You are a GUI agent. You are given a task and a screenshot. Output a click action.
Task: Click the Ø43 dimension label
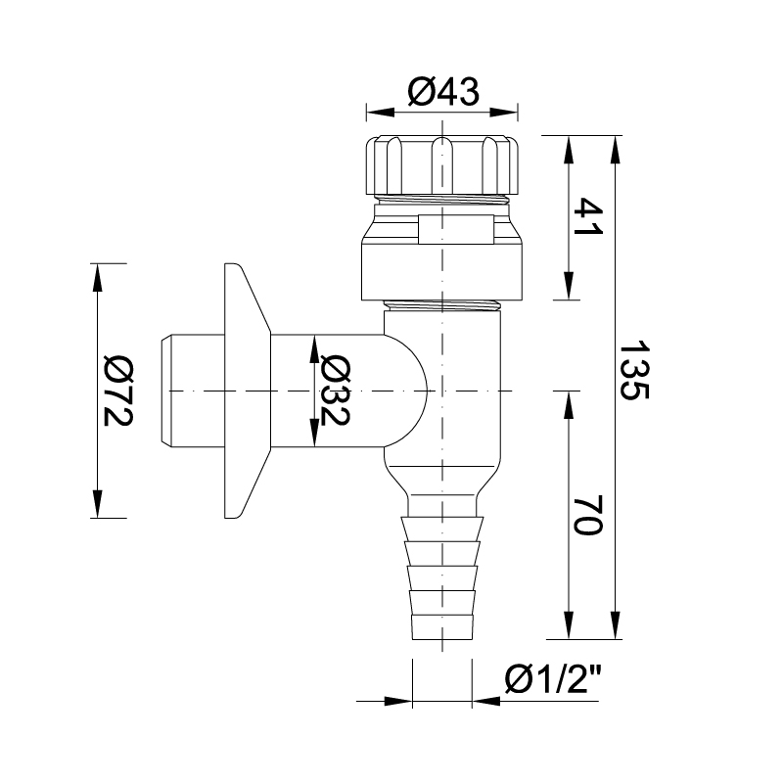pyautogui.click(x=443, y=92)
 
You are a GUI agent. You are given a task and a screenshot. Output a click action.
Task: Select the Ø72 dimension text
pyautogui.click(x=117, y=391)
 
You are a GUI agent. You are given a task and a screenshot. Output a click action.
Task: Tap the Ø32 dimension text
pyautogui.click(x=335, y=391)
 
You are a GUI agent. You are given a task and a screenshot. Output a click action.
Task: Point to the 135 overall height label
pyautogui.click(x=634, y=370)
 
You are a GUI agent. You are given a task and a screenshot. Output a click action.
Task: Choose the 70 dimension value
pyautogui.click(x=588, y=515)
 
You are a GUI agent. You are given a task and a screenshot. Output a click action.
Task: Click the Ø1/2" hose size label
pyautogui.click(x=553, y=679)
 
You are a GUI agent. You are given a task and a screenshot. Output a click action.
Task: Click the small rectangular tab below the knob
pyautogui.click(x=456, y=229)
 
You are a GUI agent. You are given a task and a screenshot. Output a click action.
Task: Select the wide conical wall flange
pyautogui.click(x=247, y=391)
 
